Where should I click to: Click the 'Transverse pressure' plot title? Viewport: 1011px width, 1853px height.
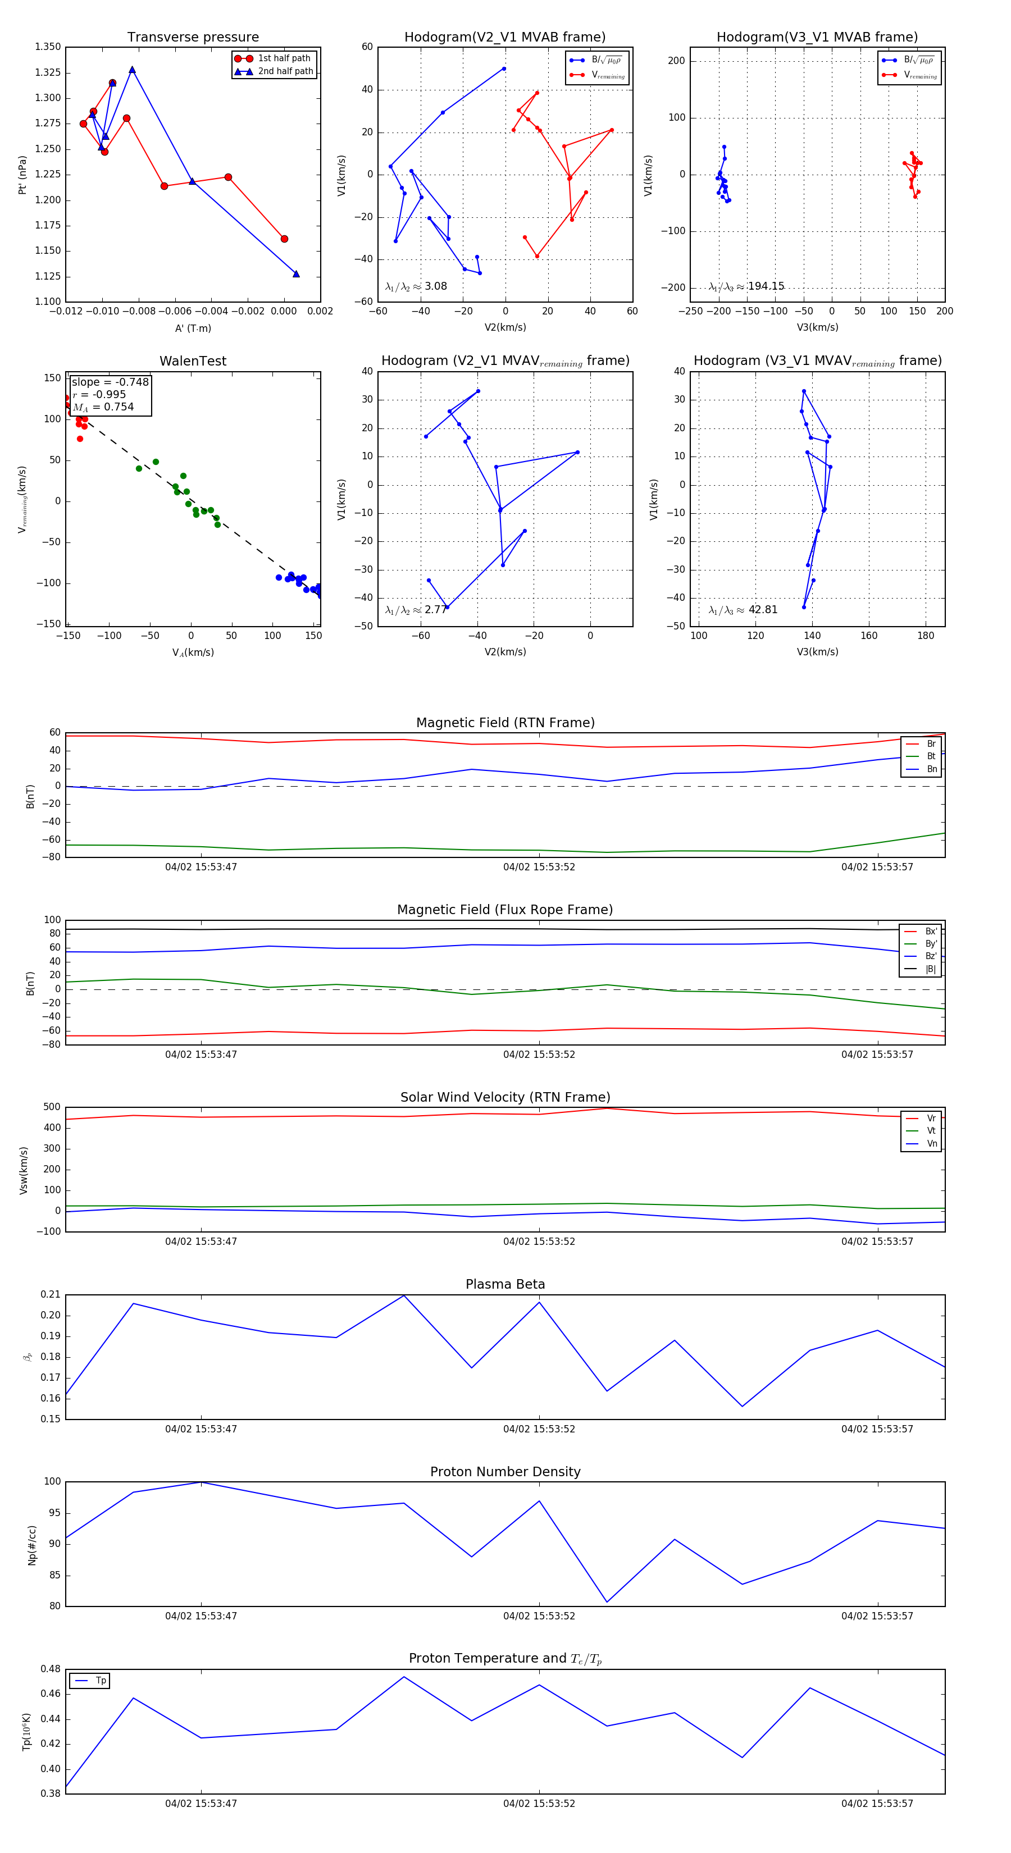pos(193,38)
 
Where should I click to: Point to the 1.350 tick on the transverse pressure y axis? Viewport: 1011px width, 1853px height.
pos(48,47)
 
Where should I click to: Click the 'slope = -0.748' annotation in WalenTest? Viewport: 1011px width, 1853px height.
pos(110,382)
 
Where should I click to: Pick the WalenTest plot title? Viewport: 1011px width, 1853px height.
pos(193,361)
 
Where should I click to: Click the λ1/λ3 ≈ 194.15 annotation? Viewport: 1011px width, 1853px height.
pos(746,286)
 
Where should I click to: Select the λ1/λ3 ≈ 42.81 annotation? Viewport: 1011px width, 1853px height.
pos(743,610)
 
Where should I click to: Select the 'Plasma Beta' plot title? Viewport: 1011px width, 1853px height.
pos(505,1284)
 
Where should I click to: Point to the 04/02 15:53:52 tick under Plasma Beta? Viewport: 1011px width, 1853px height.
pos(539,1428)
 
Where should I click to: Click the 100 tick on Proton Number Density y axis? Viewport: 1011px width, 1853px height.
pos(53,1481)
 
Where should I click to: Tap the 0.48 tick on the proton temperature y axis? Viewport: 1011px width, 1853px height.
pos(51,1669)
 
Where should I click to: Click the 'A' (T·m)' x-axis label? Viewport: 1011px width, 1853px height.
pos(193,328)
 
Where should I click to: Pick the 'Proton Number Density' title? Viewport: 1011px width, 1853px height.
pos(505,1471)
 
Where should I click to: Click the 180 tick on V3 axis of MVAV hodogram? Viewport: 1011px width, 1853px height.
pos(926,636)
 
